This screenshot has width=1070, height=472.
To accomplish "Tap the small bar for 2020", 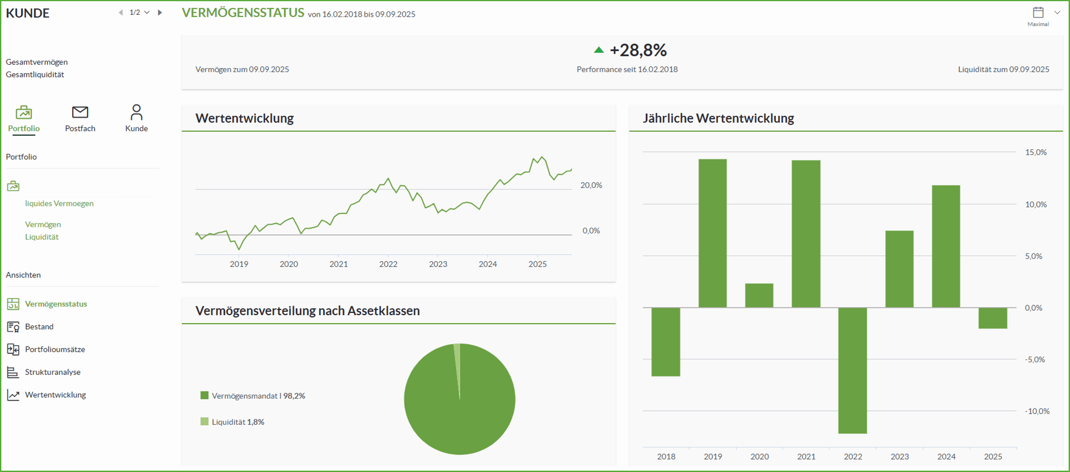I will [x=759, y=296].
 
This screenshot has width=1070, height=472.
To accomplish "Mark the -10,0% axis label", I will [x=1037, y=411].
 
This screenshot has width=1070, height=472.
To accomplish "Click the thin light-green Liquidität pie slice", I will [x=457, y=366].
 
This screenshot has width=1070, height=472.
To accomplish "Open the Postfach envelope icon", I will [x=80, y=112].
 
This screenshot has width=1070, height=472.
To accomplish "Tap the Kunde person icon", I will [x=136, y=112].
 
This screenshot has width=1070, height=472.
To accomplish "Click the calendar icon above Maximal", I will [x=1038, y=13].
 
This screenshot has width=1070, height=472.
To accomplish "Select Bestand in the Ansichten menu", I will [x=39, y=326].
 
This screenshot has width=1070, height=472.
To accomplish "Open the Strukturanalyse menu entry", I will [x=52, y=372].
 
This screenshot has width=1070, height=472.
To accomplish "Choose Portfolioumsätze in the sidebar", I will [x=55, y=349].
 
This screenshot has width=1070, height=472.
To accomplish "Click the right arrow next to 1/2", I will [x=160, y=13].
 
